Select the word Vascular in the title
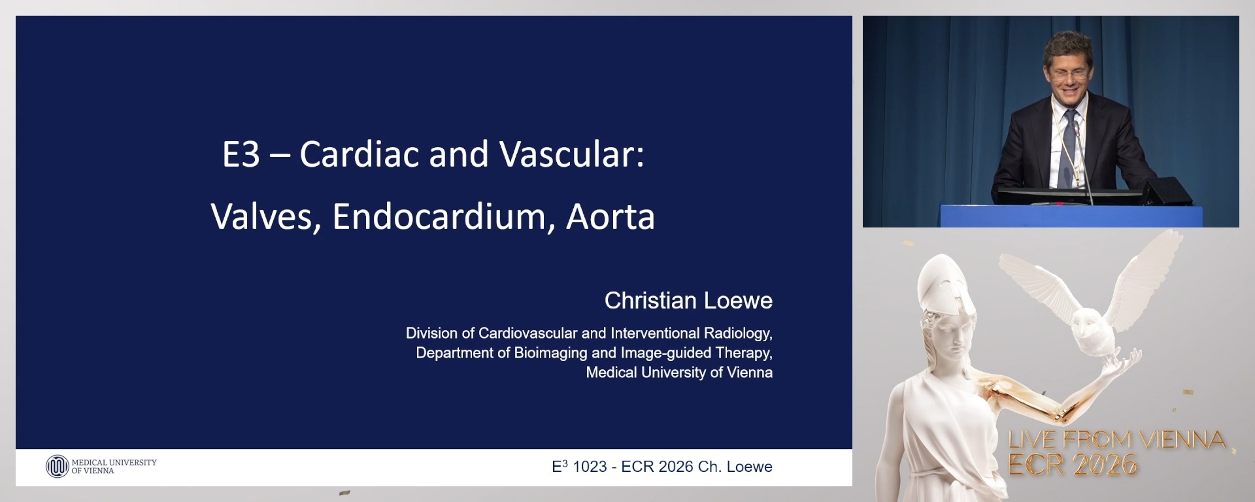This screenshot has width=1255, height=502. pyautogui.click(x=571, y=154)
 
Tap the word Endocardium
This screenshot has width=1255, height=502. pyautogui.click(x=439, y=216)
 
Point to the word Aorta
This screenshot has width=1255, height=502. pyautogui.click(x=611, y=216)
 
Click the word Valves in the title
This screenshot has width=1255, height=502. pyautogui.click(x=265, y=216)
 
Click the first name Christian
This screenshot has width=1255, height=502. pyautogui.click(x=650, y=301)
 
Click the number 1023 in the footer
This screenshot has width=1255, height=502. pyautogui.click(x=590, y=467)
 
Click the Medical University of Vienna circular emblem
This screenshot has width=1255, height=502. pyautogui.click(x=57, y=466)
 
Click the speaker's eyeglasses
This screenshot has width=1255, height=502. pyautogui.click(x=1069, y=74)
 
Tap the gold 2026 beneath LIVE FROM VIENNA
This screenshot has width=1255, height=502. pyautogui.click(x=1104, y=465)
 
